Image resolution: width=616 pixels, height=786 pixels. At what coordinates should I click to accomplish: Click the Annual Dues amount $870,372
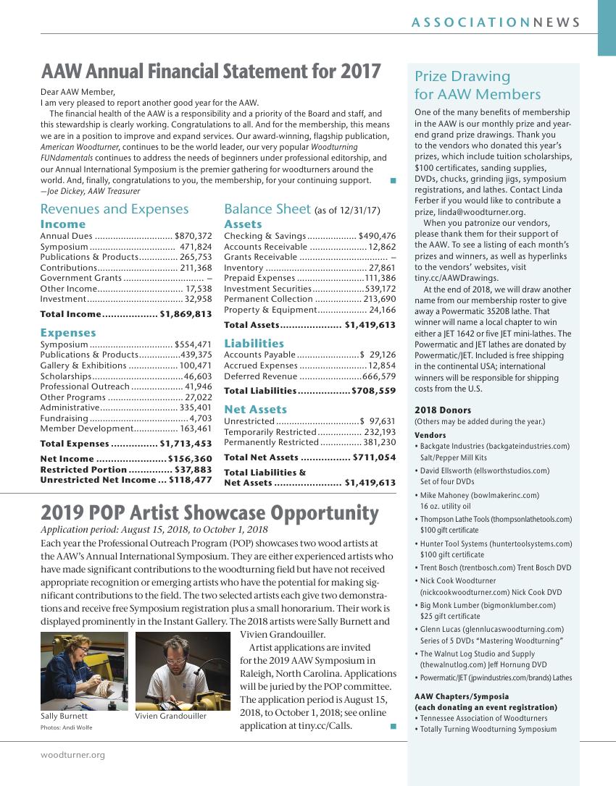tap(193, 236)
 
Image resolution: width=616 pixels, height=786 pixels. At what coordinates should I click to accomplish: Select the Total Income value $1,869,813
tap(186, 314)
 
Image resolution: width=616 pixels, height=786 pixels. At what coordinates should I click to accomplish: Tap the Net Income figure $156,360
tap(190, 459)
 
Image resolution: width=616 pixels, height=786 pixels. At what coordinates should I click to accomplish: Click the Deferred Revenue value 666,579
tap(379, 376)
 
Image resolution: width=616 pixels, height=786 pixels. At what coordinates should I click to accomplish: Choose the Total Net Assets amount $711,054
tap(375, 457)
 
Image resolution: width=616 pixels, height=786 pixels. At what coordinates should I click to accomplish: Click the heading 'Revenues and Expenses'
tap(115, 209)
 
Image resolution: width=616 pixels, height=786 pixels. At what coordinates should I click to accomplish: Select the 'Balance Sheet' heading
tap(267, 209)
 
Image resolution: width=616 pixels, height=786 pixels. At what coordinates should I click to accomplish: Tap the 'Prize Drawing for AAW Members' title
tap(478, 85)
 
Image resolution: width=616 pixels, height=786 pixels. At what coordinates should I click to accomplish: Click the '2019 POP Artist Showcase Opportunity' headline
tap(209, 513)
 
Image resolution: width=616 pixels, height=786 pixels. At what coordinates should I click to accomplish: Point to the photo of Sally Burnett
tap(84, 670)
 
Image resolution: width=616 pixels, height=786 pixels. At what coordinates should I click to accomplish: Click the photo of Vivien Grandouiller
tap(183, 670)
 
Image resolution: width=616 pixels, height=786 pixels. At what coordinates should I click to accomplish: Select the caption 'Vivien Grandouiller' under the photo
tap(170, 717)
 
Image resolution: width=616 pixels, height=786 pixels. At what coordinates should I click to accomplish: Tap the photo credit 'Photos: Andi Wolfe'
tap(67, 727)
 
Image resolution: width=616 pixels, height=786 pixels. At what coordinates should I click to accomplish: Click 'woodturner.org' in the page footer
tap(72, 755)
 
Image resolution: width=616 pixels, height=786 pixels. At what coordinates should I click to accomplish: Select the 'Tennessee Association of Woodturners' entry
tap(483, 719)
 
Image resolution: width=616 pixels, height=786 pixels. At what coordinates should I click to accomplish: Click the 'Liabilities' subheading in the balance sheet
tap(254, 343)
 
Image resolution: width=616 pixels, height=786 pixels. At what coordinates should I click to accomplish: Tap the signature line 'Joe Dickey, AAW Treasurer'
tap(91, 191)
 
